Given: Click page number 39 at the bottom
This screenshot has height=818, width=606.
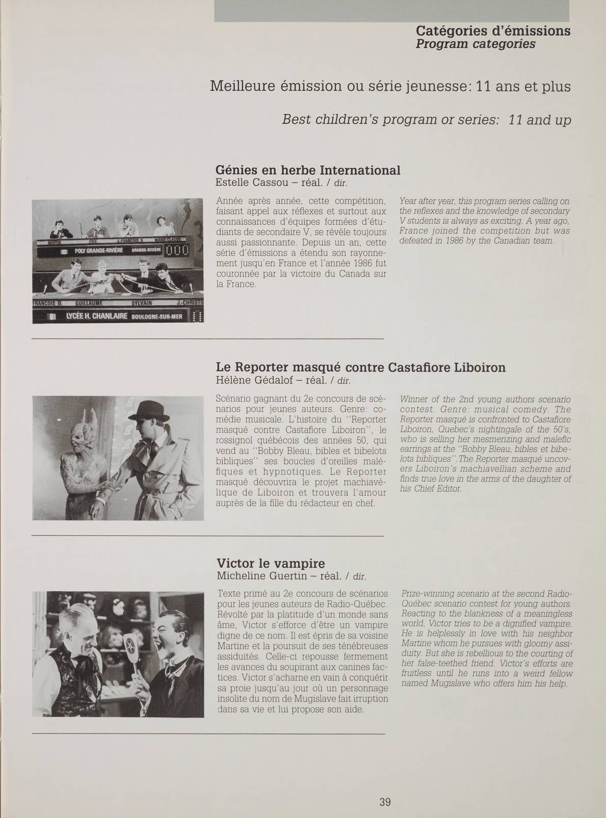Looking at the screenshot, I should (x=385, y=787).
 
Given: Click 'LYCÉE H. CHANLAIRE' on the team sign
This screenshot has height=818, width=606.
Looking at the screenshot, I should (x=97, y=316).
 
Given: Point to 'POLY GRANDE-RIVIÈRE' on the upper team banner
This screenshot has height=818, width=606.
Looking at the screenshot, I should (x=99, y=251).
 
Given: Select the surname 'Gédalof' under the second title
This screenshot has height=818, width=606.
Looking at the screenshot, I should (x=268, y=380).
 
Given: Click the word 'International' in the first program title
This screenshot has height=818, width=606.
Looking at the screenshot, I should (x=360, y=170).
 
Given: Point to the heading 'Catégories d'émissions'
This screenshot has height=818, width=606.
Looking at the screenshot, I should (x=493, y=31).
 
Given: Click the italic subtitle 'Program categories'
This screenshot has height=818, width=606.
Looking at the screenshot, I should (x=476, y=44).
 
